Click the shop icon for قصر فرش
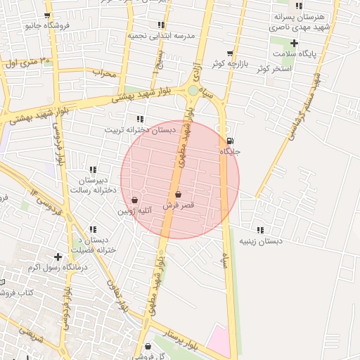click(177, 195)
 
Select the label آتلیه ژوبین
click(134, 210)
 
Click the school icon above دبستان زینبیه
click(260, 230)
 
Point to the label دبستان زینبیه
click(260, 241)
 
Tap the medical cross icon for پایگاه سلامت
click(294, 44)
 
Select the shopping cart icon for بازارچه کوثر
click(230, 53)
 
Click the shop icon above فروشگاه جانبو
click(46, 15)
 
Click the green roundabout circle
click(193, 90)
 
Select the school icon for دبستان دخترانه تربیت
click(140, 119)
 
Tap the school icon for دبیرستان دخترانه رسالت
click(93, 169)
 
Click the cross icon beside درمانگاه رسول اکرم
click(58, 257)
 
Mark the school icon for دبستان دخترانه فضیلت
click(93, 229)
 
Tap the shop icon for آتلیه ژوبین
click(134, 200)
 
